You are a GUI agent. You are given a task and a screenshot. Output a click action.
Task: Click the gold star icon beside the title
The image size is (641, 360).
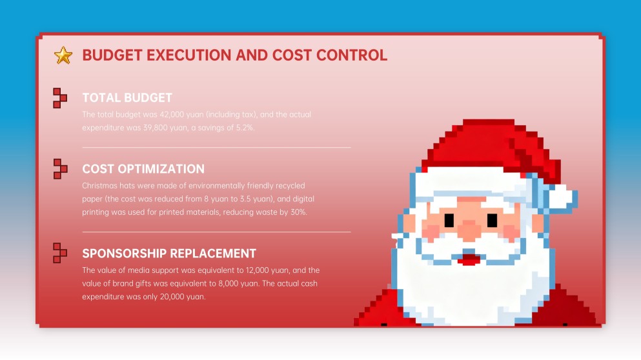point(63,55)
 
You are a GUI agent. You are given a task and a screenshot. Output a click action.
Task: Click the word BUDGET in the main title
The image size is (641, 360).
point(112,55)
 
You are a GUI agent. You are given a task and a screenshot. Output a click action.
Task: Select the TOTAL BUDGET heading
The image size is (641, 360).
point(127,98)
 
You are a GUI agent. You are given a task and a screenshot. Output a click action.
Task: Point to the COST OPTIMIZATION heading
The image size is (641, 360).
point(143,169)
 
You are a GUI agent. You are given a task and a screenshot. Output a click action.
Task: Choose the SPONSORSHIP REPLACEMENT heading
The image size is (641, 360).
point(169,254)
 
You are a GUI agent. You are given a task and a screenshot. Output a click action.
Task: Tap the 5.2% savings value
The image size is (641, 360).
point(243,128)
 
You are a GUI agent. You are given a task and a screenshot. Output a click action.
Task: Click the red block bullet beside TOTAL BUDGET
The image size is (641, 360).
point(59,98)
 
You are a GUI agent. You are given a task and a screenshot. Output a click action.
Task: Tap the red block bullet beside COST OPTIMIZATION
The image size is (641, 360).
point(59,169)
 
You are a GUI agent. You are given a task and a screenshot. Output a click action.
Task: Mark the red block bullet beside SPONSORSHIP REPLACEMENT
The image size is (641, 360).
point(59,253)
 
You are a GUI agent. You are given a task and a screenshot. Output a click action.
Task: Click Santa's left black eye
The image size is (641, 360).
point(449,220)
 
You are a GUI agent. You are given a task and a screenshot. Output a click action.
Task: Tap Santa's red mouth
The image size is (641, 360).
point(470,260)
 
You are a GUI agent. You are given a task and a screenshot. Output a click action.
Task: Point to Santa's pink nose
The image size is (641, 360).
point(470,228)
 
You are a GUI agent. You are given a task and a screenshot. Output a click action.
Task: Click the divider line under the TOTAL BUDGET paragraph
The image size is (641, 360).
point(217,148)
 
